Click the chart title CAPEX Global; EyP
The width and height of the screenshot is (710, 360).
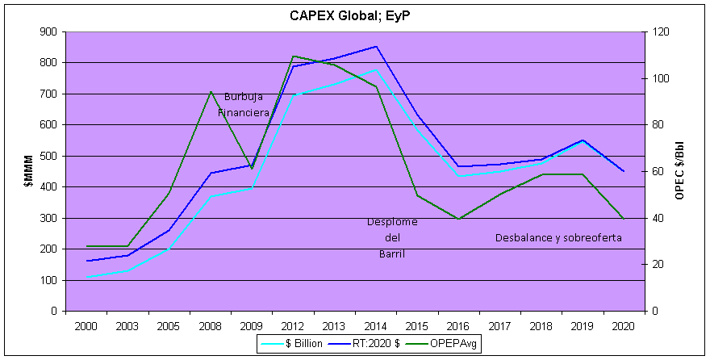[x=355, y=15]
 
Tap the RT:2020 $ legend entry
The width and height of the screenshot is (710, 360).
[x=371, y=343]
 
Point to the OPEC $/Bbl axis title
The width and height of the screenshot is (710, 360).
[x=680, y=171]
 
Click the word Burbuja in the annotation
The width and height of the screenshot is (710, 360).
[x=243, y=97]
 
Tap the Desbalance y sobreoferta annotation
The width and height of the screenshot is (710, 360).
[x=558, y=238]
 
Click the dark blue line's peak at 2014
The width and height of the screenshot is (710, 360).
[x=376, y=46]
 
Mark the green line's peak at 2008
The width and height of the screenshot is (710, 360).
[x=210, y=92]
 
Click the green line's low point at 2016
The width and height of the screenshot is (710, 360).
[x=458, y=219]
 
